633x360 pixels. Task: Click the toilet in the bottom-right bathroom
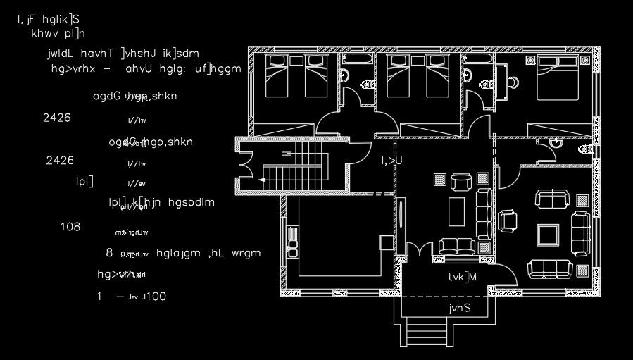coord(585,150)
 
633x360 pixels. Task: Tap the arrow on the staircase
coord(262,180)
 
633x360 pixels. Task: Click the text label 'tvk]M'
coord(463,277)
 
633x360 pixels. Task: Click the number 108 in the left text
coord(70,227)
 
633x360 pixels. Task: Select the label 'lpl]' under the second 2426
coord(85,181)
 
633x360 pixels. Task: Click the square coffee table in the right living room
coord(548,232)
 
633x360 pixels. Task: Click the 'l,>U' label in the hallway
coord(391,161)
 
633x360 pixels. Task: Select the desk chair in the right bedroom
coord(515,80)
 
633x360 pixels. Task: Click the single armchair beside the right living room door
coord(507,221)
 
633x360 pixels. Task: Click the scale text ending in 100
coord(133,297)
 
